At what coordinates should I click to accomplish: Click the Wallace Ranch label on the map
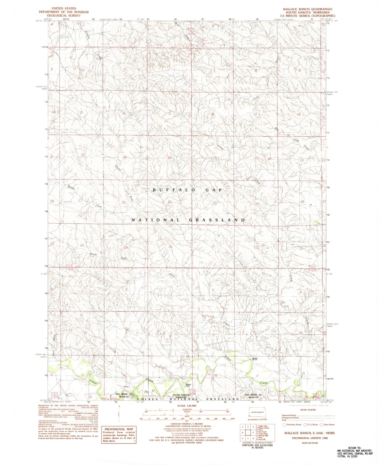188,385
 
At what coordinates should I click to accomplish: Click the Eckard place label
126,387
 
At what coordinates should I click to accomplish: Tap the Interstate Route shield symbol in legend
284,425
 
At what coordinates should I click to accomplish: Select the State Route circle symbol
321,425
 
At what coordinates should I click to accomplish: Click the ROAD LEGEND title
308,410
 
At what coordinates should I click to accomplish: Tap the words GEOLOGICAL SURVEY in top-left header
64,15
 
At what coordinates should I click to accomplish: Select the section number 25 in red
170,202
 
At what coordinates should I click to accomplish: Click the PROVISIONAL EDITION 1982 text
308,438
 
